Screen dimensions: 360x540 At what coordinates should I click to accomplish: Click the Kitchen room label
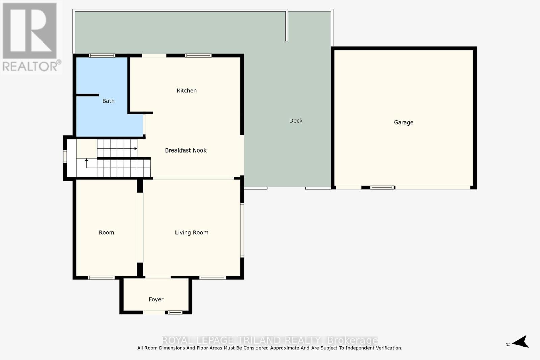(187, 91)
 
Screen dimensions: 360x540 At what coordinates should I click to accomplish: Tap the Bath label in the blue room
(108, 101)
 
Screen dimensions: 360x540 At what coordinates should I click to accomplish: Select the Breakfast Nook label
(186, 150)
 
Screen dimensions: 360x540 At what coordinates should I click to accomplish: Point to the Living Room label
(191, 233)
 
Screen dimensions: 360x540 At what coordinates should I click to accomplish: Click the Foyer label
(156, 300)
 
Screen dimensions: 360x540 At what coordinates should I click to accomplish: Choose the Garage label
(403, 123)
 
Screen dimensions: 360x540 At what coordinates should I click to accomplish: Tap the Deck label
(296, 121)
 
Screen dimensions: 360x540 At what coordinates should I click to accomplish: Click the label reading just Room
(106, 233)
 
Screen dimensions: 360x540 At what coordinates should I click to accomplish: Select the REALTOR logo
(30, 37)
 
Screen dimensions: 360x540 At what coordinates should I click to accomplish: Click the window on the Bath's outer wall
(102, 56)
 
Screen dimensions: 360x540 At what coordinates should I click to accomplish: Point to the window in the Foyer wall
(175, 312)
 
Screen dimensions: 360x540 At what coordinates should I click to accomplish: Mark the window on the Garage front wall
(382, 187)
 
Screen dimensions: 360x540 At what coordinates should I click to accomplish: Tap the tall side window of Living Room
(242, 230)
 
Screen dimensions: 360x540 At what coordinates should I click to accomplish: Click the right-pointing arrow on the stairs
(135, 148)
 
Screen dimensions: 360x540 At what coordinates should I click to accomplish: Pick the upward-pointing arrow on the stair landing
(86, 160)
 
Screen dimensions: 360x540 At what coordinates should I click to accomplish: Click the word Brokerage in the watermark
(352, 340)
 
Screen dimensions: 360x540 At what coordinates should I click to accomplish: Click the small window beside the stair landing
(65, 157)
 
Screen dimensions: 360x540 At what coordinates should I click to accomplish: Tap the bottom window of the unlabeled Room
(101, 278)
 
